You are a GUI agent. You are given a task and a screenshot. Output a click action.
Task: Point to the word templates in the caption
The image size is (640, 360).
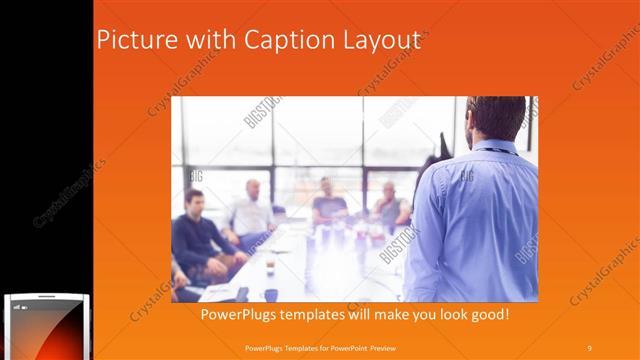319,315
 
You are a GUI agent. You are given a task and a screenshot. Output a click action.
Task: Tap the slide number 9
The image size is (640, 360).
589,347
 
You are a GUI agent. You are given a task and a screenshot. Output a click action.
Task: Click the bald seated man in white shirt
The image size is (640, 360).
250,210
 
